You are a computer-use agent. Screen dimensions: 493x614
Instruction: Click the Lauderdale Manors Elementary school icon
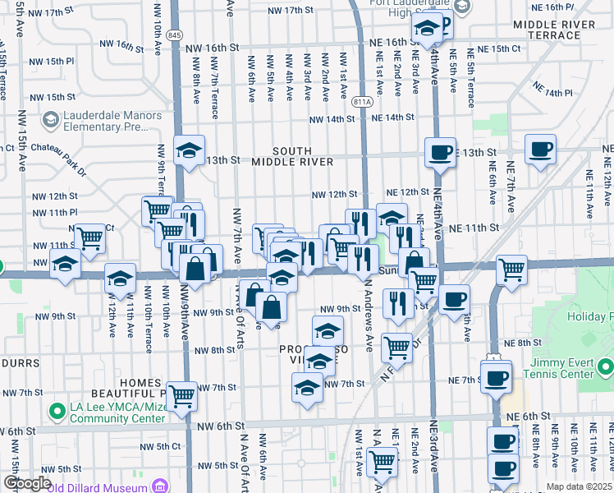click(50, 122)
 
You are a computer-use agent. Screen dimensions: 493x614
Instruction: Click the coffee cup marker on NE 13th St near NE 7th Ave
click(540, 150)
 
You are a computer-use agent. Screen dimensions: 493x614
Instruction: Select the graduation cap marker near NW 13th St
click(189, 150)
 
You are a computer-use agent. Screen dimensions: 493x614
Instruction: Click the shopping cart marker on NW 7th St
click(181, 396)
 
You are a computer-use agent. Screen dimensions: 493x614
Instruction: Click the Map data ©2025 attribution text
click(580, 486)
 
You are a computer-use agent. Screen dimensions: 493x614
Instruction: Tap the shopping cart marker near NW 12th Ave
click(90, 238)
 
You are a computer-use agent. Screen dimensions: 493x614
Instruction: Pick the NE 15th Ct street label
click(502, 48)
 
